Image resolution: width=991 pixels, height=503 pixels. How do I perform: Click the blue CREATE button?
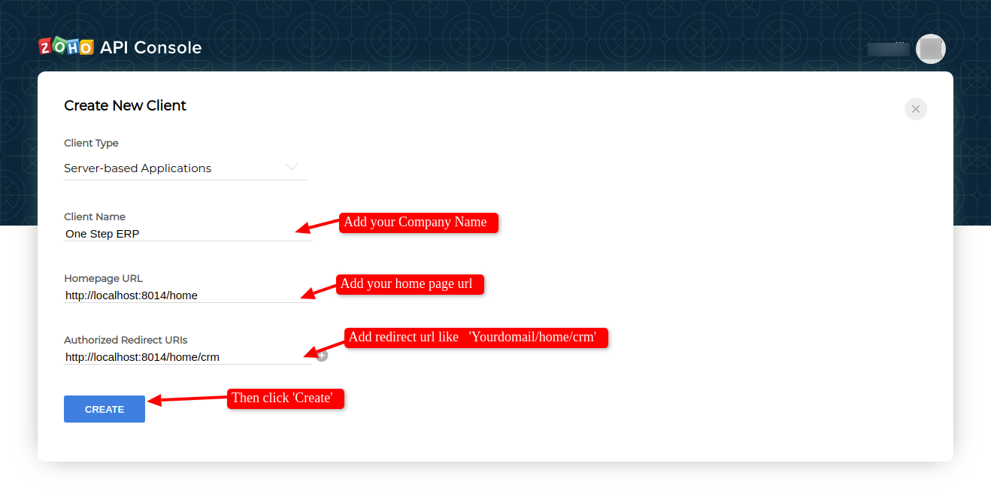105,409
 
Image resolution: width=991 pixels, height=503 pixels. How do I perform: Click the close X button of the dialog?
915,109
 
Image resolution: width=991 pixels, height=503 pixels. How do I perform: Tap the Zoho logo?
66,46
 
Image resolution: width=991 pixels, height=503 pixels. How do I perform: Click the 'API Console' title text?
150,47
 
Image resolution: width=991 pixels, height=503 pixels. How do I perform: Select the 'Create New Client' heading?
125,105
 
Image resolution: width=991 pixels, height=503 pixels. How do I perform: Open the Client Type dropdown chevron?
292,167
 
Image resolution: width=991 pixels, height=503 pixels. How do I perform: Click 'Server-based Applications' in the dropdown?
138,168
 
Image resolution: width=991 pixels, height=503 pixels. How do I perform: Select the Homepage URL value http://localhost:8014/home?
132,295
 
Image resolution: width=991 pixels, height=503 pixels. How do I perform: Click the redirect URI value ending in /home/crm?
142,356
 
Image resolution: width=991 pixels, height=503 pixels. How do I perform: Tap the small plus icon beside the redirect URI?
322,355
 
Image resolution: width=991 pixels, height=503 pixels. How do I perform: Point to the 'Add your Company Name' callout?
419,222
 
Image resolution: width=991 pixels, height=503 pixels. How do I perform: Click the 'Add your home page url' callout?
410,284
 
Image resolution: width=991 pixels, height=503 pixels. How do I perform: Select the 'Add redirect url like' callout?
476,338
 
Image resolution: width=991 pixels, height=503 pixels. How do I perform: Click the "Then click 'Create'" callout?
286,398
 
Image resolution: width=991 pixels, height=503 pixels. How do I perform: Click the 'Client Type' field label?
91,143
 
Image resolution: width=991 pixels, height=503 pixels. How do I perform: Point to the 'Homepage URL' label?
103,278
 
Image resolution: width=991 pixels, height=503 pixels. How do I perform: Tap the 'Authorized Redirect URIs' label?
126,340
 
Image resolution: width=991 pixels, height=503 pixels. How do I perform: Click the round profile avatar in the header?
930,49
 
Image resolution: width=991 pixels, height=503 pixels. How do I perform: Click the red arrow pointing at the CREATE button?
187,399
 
